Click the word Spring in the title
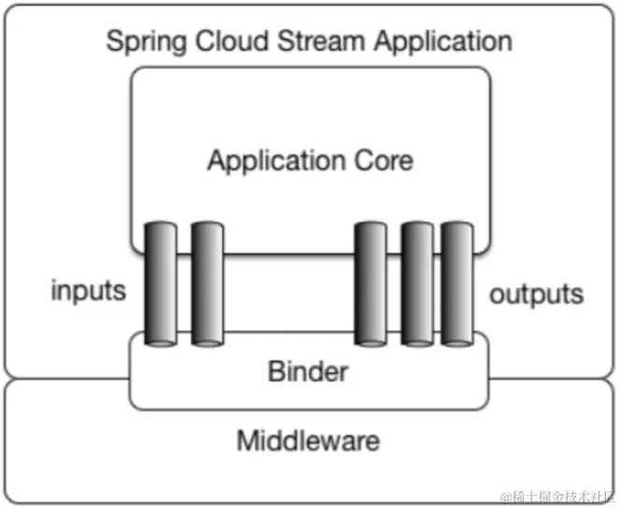[141, 43]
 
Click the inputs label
[88, 290]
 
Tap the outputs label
[536, 295]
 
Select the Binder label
[308, 371]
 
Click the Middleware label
[308, 439]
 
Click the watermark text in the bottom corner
[556, 495]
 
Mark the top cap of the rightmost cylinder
[457, 226]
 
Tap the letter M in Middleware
[247, 439]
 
